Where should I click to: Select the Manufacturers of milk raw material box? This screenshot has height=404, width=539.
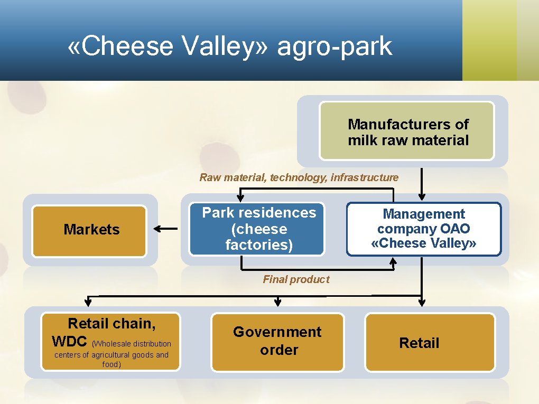click(407, 131)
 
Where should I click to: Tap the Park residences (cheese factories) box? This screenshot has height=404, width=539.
click(257, 229)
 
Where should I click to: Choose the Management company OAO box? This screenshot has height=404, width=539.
click(424, 229)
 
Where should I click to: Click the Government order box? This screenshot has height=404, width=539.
click(278, 342)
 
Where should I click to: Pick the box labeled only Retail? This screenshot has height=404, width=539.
click(430, 342)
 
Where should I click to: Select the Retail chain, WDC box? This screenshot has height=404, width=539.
click(110, 342)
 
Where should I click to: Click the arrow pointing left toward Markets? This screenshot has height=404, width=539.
click(165, 229)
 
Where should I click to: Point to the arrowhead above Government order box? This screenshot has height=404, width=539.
click(278, 302)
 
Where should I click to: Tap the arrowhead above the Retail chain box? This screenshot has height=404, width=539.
click(88, 302)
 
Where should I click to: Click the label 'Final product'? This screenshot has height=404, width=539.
click(296, 279)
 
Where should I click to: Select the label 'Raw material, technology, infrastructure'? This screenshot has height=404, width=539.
click(299, 177)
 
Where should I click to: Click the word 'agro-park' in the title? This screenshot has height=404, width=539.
click(334, 46)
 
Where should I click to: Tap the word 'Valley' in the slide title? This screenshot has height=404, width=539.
click(224, 46)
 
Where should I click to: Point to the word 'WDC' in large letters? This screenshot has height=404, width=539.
click(69, 341)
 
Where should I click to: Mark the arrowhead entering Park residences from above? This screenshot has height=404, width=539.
click(240, 198)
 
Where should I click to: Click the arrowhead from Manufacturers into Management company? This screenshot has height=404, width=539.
click(422, 196)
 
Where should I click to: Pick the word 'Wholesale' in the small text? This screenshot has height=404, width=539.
click(112, 344)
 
